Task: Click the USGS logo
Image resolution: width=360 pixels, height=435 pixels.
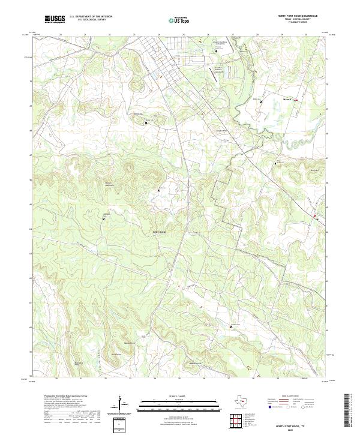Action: point(55,19)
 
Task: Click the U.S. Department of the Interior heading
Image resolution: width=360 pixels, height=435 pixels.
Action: point(91,16)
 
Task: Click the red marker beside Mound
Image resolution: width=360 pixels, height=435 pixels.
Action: point(295,100)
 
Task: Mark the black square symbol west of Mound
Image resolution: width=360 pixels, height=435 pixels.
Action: point(261,102)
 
